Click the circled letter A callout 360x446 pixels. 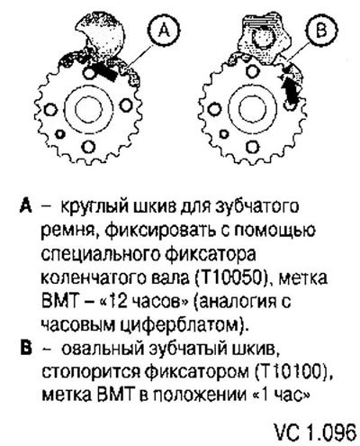[x=164, y=30]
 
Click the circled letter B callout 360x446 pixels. [x=322, y=30]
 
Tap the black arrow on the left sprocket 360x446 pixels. [x=103, y=71]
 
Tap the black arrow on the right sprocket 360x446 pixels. [x=290, y=89]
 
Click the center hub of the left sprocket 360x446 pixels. [x=89, y=110]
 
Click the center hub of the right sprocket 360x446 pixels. [x=252, y=109]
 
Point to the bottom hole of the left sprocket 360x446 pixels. [x=88, y=146]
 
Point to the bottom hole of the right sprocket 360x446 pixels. [x=252, y=146]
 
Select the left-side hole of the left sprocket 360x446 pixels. [x=50, y=110]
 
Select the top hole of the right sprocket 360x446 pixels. [x=252, y=71]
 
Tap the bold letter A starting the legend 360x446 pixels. [x=25, y=206]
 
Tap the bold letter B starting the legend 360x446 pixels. [x=25, y=350]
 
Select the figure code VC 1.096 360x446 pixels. [x=314, y=432]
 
